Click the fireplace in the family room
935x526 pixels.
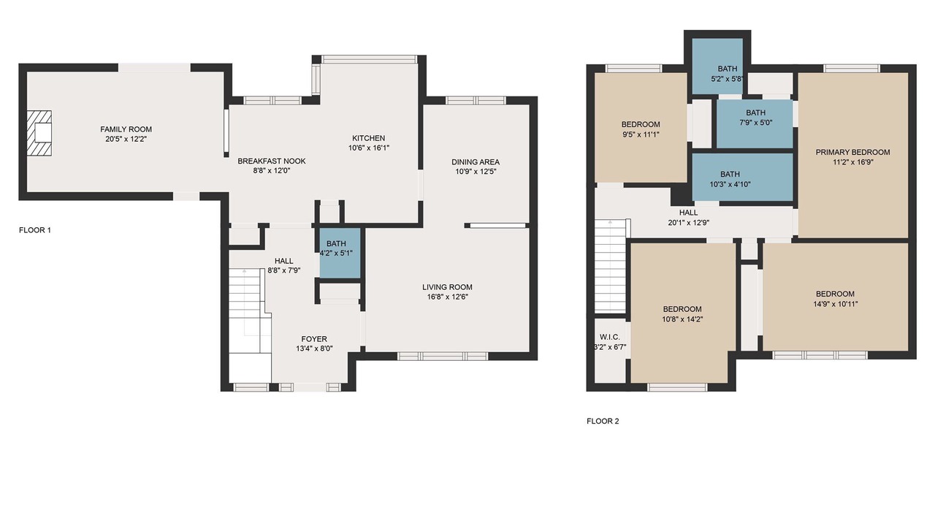39,133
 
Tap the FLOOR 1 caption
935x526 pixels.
35,230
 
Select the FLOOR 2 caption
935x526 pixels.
603,422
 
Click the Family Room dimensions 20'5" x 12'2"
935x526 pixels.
126,139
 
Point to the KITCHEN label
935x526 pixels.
369,138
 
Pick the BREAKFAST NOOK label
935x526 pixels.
272,161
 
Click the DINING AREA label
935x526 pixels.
476,162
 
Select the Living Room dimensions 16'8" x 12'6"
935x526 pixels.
447,297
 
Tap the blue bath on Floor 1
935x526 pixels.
340,253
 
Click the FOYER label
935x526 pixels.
314,339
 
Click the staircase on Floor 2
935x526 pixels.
610,265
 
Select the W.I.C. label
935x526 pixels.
610,337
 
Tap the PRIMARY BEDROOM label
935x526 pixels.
852,153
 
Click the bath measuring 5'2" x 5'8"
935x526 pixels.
717,66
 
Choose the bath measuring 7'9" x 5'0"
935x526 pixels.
755,123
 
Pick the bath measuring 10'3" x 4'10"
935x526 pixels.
743,177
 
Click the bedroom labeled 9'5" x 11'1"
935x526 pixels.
641,127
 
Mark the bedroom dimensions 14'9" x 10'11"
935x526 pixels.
835,304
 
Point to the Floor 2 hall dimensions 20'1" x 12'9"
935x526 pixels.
688,223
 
